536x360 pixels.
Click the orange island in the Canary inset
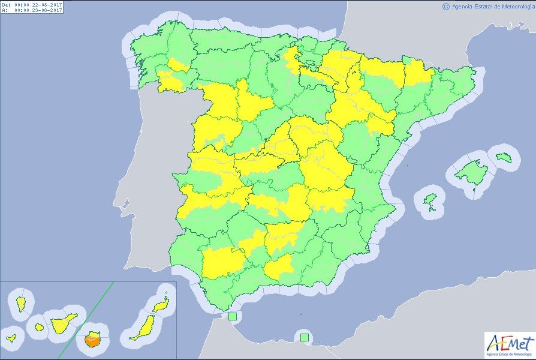tap(92, 341)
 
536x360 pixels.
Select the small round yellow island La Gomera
tap(40, 327)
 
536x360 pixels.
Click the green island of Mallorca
tap(470, 173)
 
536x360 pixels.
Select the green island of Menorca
tap(502, 157)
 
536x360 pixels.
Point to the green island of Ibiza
tap(430, 199)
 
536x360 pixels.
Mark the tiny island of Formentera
tap(431, 209)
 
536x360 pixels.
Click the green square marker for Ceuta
tap(232, 316)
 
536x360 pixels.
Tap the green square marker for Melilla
tap(305, 337)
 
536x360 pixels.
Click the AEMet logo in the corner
tap(510, 346)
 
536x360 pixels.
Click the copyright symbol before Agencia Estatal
tap(445, 6)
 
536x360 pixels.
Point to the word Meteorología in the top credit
tap(513, 6)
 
